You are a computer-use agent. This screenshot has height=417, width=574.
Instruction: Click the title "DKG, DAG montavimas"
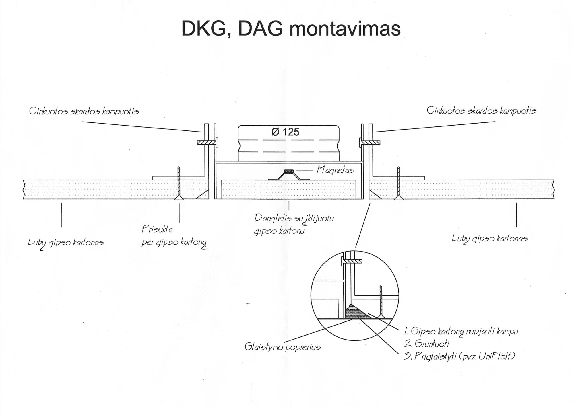click(291, 29)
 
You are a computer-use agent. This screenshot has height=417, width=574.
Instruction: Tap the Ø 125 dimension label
click(285, 132)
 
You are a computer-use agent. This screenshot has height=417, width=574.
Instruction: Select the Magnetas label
click(335, 170)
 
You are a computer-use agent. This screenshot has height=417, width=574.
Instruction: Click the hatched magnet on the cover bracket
click(289, 171)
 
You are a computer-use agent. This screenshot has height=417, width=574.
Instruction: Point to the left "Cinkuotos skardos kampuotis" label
click(84, 111)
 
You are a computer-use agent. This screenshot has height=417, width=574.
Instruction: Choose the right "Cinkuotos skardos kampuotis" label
click(481, 110)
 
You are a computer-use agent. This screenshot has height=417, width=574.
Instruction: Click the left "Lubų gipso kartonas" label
click(65, 243)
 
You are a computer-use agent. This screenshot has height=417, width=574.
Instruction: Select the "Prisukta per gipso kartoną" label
click(174, 236)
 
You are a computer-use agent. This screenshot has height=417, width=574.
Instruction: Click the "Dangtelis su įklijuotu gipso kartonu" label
click(294, 224)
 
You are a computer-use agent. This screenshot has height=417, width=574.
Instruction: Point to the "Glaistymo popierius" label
click(282, 347)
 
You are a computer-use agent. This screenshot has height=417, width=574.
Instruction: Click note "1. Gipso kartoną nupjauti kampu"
click(461, 331)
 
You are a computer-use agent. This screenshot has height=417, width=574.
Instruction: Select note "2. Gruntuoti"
click(426, 344)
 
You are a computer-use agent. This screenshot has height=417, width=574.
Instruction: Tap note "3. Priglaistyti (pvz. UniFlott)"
click(459, 356)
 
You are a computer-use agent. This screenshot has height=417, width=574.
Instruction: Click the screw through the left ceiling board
click(179, 184)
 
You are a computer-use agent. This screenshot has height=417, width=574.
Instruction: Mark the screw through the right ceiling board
click(398, 184)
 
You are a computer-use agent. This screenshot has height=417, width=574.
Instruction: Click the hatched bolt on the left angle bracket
click(206, 142)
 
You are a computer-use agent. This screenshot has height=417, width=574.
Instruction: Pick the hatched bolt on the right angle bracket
click(371, 142)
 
